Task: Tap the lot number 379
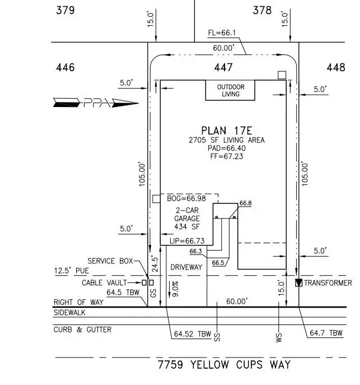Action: tap(66, 10)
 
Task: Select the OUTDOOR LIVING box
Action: tap(230, 90)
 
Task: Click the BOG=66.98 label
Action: tap(186, 198)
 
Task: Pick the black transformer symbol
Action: tap(298, 283)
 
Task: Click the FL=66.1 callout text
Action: tap(223, 33)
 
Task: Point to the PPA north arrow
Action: tap(95, 103)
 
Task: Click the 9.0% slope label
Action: tap(175, 289)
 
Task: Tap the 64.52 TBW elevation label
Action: tap(192, 334)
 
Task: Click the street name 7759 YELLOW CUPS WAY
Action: tap(224, 365)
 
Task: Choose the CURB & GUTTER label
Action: tap(82, 330)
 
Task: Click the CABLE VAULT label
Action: tap(103, 283)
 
